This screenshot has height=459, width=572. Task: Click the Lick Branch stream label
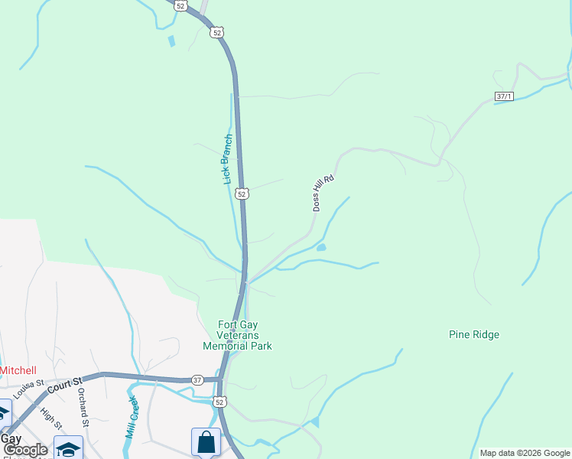pos(227,160)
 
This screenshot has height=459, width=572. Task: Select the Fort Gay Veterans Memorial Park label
pos(237,335)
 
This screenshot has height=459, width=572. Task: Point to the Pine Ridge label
pos(474,334)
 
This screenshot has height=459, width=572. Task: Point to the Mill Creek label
pos(131,416)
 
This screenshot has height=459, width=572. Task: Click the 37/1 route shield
pos(504,96)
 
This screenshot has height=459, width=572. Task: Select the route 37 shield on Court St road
pos(197,380)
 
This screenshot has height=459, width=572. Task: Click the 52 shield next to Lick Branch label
pos(242,194)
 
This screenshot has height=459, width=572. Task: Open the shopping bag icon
pos(206,441)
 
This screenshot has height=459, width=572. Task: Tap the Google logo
pos(25,451)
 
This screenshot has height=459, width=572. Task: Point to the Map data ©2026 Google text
pos(525,453)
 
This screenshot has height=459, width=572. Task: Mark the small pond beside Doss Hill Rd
pos(321,247)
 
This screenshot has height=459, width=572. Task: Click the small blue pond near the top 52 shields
pos(171,41)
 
